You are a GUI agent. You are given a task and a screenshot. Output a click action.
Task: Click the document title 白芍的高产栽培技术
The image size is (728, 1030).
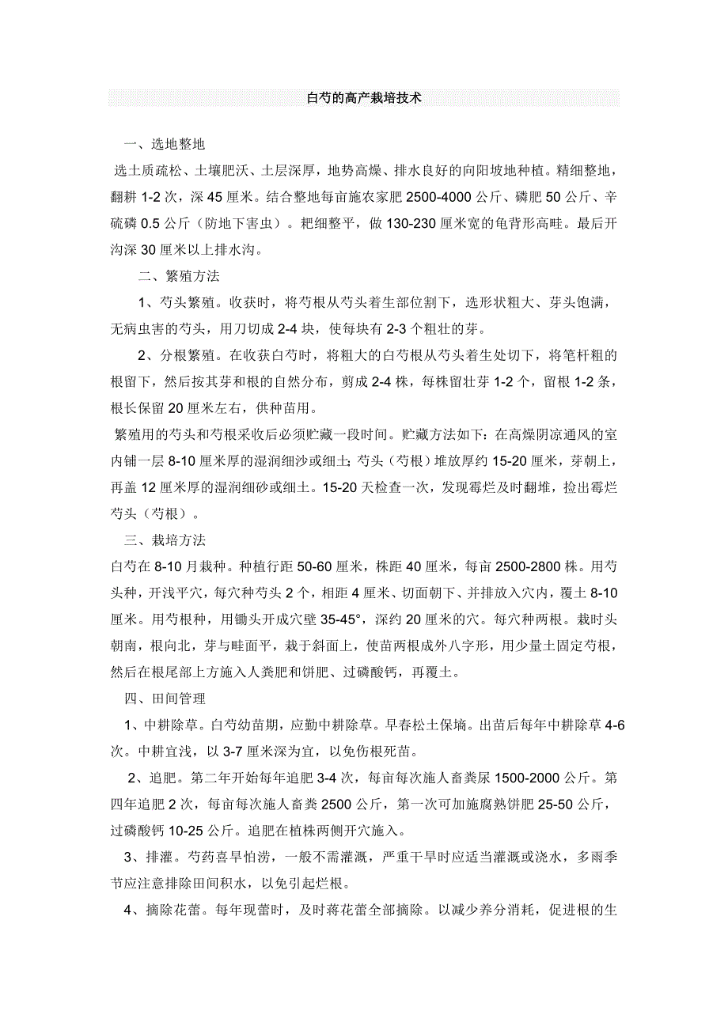tap(364, 99)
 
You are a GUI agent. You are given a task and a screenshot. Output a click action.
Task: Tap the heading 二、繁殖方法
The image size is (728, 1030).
tap(180, 277)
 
